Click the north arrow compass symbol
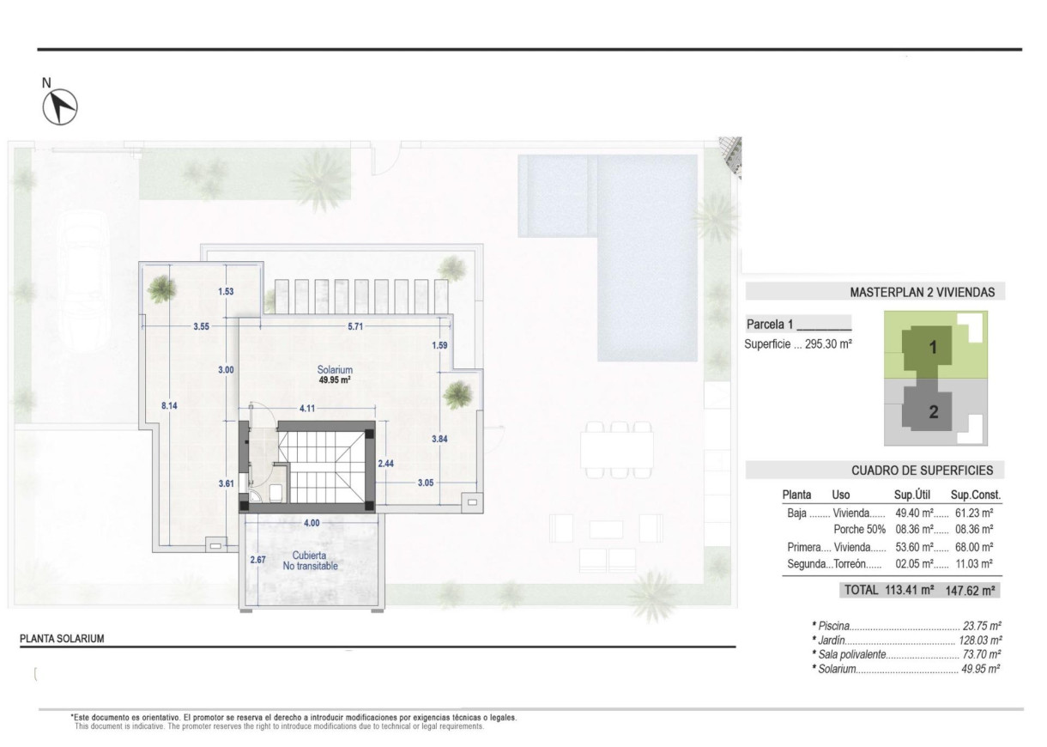click(x=60, y=106)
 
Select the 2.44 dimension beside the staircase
click(x=386, y=463)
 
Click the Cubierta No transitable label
click(x=309, y=561)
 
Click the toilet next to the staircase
click(x=275, y=492)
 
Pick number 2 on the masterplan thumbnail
click(x=934, y=411)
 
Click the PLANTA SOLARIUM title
click(x=62, y=639)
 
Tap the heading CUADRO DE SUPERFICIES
click(x=922, y=470)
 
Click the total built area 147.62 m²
click(x=972, y=590)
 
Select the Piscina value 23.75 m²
click(x=983, y=627)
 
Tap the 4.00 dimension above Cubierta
click(x=311, y=523)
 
